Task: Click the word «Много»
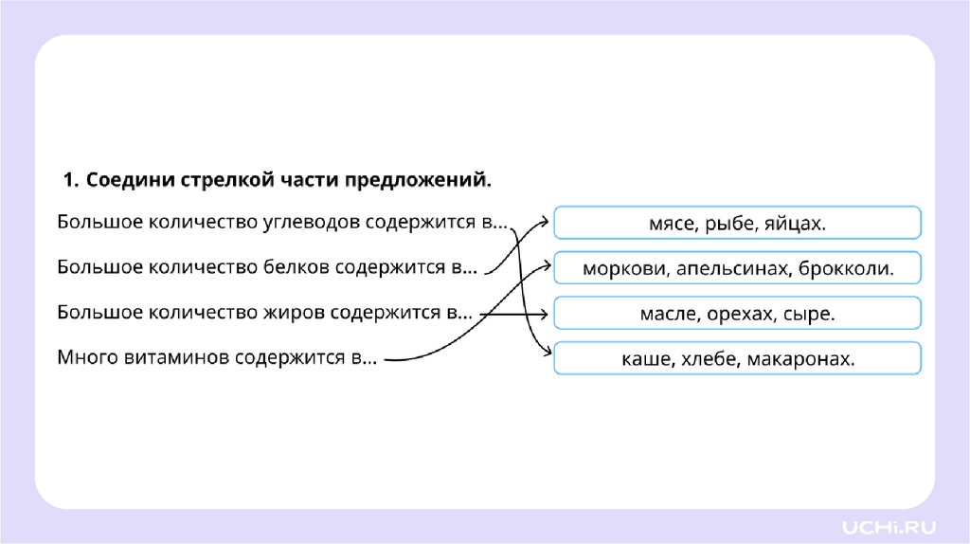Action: click(x=86, y=358)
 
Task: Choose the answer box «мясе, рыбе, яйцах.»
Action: click(x=737, y=224)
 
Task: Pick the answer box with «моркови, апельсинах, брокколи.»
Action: click(x=737, y=268)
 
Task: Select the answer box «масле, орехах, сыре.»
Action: click(x=737, y=313)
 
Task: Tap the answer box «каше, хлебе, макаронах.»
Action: click(x=737, y=358)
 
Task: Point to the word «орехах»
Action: click(x=741, y=314)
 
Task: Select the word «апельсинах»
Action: click(x=732, y=269)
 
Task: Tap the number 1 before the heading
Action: click(x=67, y=179)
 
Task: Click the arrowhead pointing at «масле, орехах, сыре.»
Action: click(x=547, y=314)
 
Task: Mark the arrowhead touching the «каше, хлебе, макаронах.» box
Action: click(x=547, y=353)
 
